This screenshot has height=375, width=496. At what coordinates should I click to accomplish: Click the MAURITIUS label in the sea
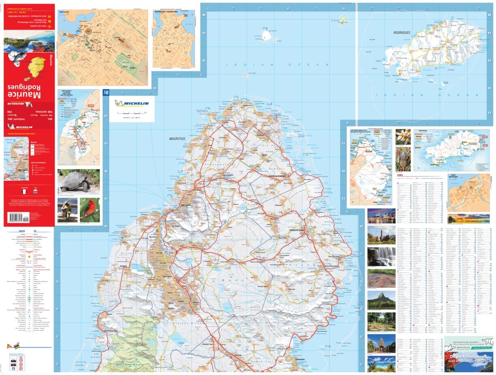pyautogui.click(x=177, y=139)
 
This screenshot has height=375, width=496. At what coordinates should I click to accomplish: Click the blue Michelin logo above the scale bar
pyautogui.click(x=131, y=103)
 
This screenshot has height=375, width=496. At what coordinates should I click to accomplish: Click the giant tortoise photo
pyautogui.click(x=78, y=181)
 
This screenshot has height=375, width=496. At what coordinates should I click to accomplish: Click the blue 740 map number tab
pyautogui.click(x=106, y=93)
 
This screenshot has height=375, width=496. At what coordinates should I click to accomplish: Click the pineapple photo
pyautogui.click(x=403, y=159)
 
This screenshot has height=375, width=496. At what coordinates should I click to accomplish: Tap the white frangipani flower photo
pyautogui.click(x=403, y=137)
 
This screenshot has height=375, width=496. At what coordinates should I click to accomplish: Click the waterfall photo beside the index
pyautogui.click(x=381, y=257)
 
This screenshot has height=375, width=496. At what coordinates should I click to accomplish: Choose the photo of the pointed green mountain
pyautogui.click(x=381, y=300)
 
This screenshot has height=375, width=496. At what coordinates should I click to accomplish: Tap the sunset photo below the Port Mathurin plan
pyautogui.click(x=468, y=219)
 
